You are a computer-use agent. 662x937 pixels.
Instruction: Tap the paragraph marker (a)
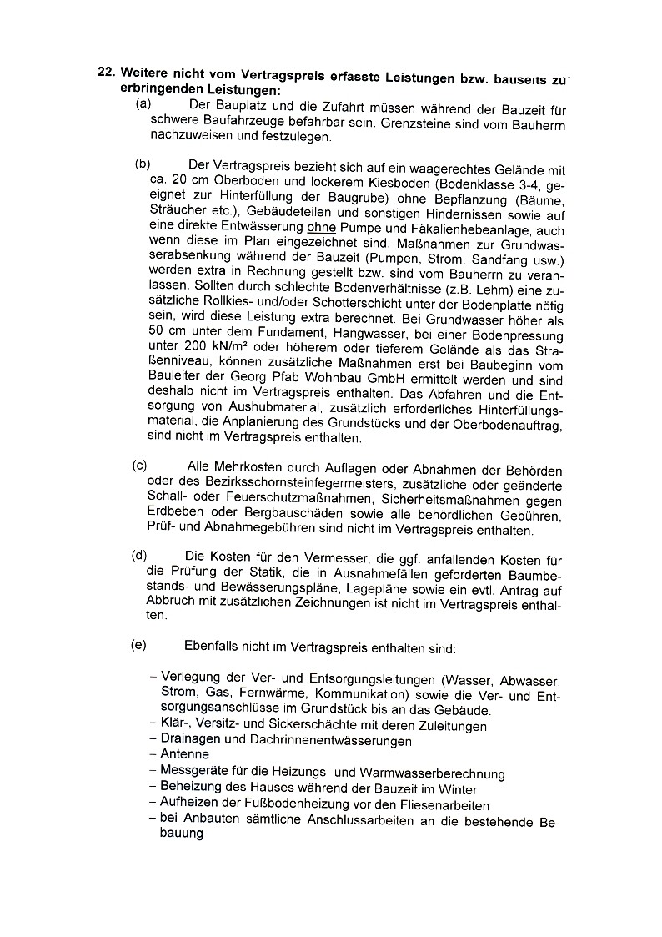point(143,105)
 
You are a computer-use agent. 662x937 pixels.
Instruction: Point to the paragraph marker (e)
point(138,645)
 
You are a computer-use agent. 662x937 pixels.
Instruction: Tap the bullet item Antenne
point(185,754)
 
